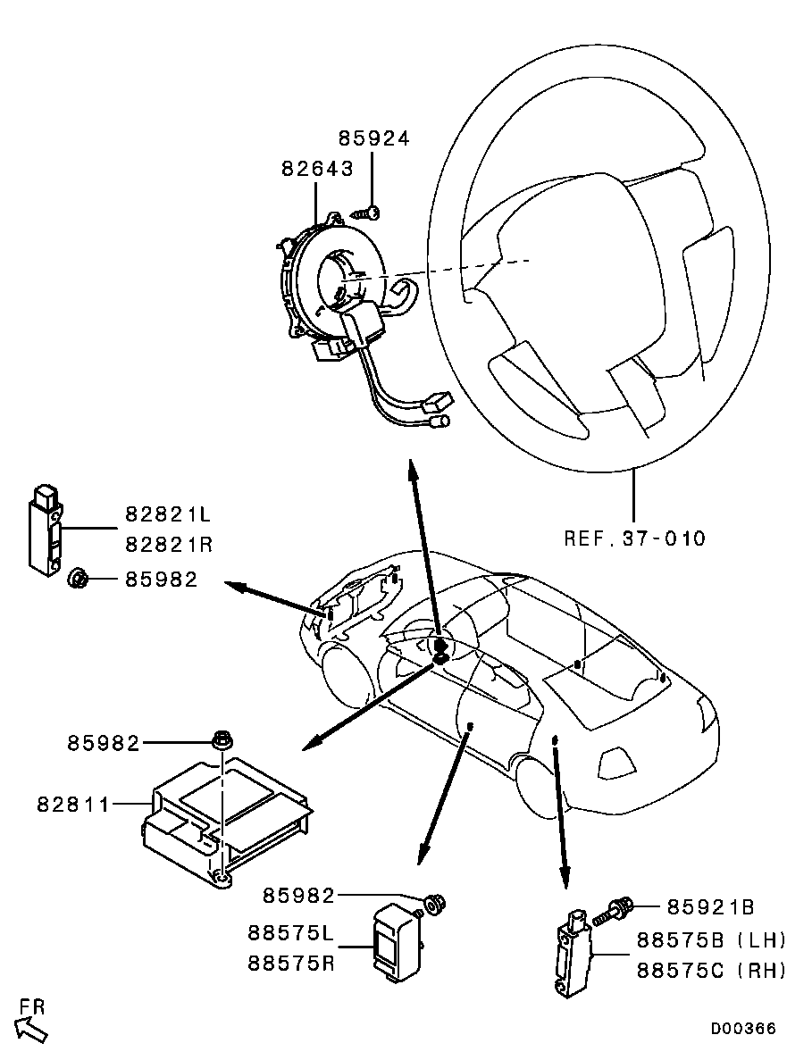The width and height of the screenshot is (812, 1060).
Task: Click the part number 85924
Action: (x=373, y=138)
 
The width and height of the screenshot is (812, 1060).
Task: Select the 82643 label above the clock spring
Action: (x=317, y=168)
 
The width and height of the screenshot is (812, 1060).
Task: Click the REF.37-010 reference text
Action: (x=634, y=538)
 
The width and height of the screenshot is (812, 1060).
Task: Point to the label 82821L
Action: (x=168, y=515)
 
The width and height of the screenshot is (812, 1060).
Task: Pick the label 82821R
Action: (x=168, y=544)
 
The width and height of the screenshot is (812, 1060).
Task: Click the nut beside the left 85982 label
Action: (x=77, y=579)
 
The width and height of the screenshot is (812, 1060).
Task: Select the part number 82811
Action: (x=73, y=804)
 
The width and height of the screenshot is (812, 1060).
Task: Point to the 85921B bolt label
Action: (x=710, y=907)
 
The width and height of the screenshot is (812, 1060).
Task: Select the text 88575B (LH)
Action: (x=711, y=939)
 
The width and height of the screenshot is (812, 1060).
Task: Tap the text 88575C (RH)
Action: (x=711, y=970)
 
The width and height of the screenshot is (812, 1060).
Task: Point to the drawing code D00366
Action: (x=743, y=1029)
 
